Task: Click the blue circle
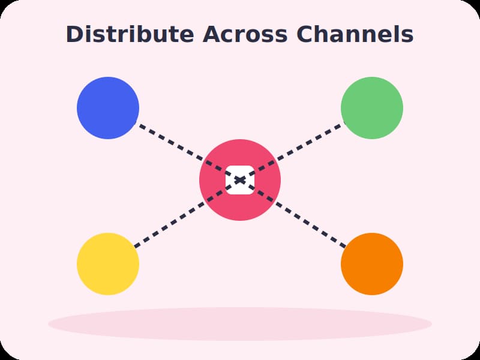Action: [x=108, y=108]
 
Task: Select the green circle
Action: [x=372, y=108]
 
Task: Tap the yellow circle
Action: [x=108, y=264]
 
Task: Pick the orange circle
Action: [x=372, y=264]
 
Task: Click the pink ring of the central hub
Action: [x=211, y=180]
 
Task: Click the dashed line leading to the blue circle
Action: [x=187, y=152]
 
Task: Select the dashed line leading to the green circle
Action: [x=293, y=152]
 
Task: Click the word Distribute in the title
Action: [x=130, y=34]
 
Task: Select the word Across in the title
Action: [x=245, y=34]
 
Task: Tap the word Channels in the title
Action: [x=355, y=34]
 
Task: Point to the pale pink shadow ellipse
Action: [x=240, y=324]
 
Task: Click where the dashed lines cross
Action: [x=240, y=180]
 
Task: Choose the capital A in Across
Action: [x=212, y=34]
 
